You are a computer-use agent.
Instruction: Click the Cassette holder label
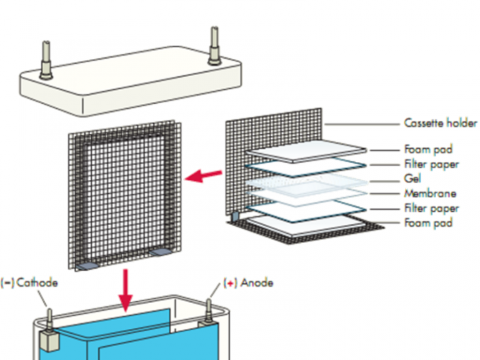[440, 123]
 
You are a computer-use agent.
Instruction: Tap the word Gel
[412, 179]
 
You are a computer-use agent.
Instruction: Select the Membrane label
[430, 194]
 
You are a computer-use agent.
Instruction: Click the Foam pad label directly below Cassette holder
[428, 150]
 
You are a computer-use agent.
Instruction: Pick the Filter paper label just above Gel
[431, 164]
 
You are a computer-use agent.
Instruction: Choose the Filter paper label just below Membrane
[431, 208]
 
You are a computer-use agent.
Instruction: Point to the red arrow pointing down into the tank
[126, 289]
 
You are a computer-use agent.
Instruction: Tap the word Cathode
[37, 282]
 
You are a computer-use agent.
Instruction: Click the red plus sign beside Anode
[231, 283]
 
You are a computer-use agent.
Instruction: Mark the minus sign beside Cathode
[8, 282]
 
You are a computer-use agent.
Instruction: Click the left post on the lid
[46, 59]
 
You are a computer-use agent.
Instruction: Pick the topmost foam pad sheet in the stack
[305, 152]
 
